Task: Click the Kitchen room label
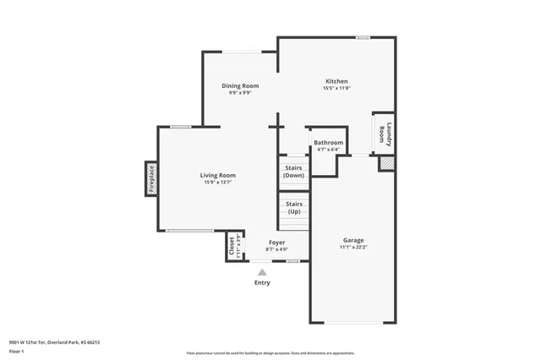(336, 81)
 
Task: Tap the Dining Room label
(240, 85)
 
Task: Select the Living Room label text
(217, 175)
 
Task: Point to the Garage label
(353, 240)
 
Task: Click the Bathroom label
(329, 143)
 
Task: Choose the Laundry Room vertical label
(385, 135)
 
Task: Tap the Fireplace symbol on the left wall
(152, 179)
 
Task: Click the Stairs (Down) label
(293, 172)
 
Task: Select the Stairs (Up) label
(293, 207)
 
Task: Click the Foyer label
(277, 243)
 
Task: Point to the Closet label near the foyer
(232, 246)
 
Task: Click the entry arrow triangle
(263, 272)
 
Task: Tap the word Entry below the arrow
(263, 282)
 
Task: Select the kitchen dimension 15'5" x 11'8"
(336, 88)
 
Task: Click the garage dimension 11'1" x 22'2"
(353, 248)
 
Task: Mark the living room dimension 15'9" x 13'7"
(217, 182)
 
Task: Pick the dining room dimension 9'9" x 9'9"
(240, 92)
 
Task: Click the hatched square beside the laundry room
(385, 162)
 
